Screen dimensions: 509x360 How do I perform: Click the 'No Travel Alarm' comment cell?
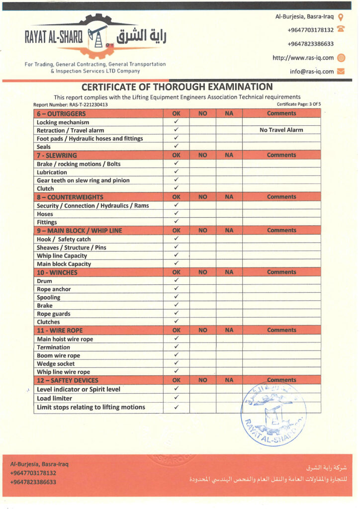pyautogui.click(x=281, y=130)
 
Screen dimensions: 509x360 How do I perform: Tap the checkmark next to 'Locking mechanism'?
pyautogui.click(x=176, y=122)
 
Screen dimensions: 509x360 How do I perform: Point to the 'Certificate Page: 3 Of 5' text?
pyautogui.click(x=295, y=104)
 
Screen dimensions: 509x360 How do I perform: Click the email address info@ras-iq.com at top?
pyautogui.click(x=312, y=72)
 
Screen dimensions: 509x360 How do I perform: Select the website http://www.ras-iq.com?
pyautogui.click(x=303, y=58)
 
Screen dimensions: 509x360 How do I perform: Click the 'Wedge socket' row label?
pyautogui.click(x=56, y=364)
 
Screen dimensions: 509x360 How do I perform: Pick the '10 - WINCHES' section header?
pyautogui.click(x=58, y=272)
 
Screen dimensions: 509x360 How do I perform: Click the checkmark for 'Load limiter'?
pyautogui.click(x=176, y=398)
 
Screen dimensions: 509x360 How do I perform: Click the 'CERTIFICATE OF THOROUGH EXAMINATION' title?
pyautogui.click(x=177, y=86)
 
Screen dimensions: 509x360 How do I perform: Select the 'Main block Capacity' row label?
pyautogui.click(x=64, y=264)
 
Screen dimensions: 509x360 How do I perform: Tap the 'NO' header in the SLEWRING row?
pyautogui.click(x=202, y=155)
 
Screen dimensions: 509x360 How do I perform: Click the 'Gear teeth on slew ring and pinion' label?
pyautogui.click(x=83, y=180)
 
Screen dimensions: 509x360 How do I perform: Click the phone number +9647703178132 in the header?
pyautogui.click(x=310, y=30)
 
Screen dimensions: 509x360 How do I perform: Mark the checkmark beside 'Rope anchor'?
pyautogui.click(x=176, y=289)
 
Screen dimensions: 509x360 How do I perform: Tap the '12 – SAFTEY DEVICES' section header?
pyautogui.click(x=68, y=380)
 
